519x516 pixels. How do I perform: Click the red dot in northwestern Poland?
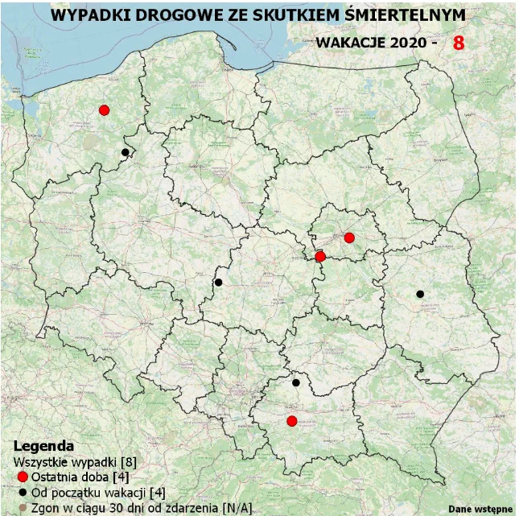pyautogui.click(x=104, y=110)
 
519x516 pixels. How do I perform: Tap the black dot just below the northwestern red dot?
pyautogui.click(x=125, y=152)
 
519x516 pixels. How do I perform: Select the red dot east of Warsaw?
pyautogui.click(x=349, y=237)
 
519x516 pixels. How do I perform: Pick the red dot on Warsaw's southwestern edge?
pyautogui.click(x=320, y=257)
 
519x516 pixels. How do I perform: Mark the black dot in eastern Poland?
pyautogui.click(x=420, y=294)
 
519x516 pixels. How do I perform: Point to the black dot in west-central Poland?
pyautogui.click(x=218, y=282)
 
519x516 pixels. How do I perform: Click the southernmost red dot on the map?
pyautogui.click(x=292, y=421)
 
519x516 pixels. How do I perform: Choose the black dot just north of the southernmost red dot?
pyautogui.click(x=296, y=383)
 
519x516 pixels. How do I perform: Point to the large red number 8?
pyautogui.click(x=459, y=43)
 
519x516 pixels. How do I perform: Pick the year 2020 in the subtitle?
pyautogui.click(x=406, y=43)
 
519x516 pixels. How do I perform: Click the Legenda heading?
pyautogui.click(x=44, y=445)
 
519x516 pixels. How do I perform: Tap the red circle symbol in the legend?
pyautogui.click(x=22, y=477)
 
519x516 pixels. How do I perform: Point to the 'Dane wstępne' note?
pyautogui.click(x=480, y=508)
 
